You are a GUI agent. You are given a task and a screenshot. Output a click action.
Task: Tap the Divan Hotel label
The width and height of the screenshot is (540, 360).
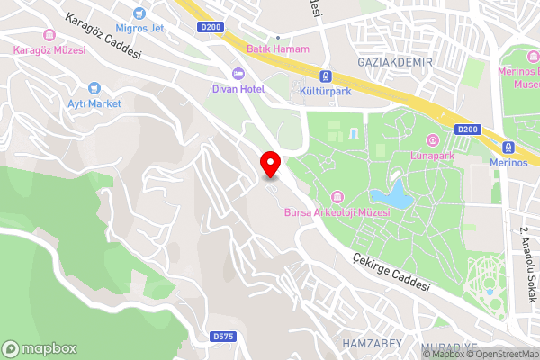click(238, 88)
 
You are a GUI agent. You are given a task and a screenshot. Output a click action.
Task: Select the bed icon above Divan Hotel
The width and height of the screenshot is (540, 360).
click(238, 73)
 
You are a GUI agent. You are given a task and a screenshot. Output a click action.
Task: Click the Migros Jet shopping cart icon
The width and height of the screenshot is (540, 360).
click(138, 13)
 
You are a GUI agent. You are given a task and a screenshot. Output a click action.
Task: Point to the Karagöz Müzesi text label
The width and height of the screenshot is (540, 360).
click(49, 50)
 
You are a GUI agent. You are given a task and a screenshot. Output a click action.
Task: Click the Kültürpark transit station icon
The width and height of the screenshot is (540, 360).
click(327, 77)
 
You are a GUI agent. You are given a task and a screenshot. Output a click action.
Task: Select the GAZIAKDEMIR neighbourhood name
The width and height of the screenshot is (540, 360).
click(395, 62)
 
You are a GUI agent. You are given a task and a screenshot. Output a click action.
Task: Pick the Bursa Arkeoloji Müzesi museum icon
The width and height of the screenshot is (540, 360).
click(337, 197)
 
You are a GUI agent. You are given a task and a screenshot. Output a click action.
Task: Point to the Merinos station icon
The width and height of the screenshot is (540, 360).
click(508, 147)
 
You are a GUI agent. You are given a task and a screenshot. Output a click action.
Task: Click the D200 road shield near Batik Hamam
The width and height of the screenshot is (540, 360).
click(211, 27)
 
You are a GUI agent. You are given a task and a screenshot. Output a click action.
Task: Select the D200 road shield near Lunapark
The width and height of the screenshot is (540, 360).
click(467, 130)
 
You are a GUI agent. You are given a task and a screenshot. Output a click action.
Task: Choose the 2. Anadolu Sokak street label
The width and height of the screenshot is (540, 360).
click(523, 256)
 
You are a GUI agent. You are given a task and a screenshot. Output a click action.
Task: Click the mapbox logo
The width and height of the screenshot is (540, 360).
click(40, 348)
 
